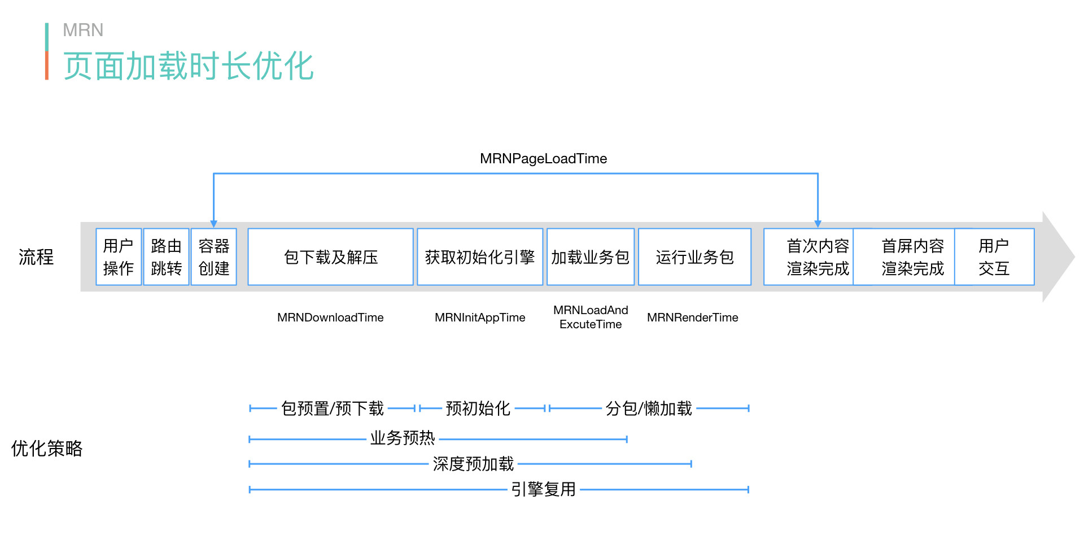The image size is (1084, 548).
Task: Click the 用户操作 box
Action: pos(119,257)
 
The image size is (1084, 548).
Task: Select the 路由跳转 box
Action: pos(166,257)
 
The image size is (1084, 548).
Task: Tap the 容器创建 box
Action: pos(214,257)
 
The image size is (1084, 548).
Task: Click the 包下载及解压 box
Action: pos(331,257)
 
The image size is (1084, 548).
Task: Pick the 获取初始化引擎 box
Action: pos(480,257)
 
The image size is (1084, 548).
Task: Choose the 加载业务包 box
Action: pos(591,257)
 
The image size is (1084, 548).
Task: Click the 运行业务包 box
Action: pos(694,257)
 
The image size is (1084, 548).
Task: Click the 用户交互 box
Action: pos(994,257)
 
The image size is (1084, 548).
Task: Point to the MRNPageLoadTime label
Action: pos(543,159)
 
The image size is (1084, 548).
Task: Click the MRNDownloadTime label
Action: pos(330,318)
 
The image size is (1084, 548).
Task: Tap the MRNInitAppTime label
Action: pos(480,318)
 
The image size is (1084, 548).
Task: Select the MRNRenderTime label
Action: pos(692,318)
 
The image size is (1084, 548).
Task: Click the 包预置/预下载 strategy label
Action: pos(333,408)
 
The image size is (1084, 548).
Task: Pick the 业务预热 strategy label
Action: pos(403,438)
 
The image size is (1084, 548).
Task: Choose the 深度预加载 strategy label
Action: pos(473,464)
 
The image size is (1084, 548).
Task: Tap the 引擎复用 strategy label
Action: pos(543,489)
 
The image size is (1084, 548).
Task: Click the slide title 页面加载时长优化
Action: pos(189,66)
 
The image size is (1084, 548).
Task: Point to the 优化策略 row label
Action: pos(47,449)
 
